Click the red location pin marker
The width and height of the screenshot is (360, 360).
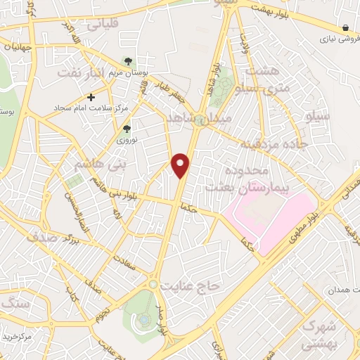181,165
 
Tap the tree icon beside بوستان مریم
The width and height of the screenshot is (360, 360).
127,61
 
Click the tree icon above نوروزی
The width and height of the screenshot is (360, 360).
127,129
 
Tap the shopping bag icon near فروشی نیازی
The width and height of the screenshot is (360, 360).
345,27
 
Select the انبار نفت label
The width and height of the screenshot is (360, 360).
81,72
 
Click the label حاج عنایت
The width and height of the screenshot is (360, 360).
191,285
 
